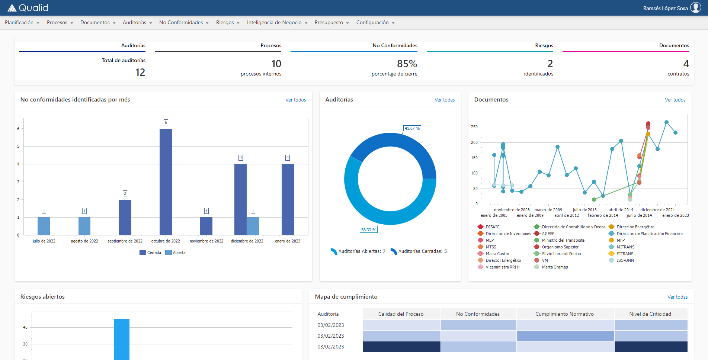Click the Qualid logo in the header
tap(28, 8)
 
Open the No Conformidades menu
tap(184, 23)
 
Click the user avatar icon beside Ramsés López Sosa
tap(695, 8)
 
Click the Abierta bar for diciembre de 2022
tap(253, 226)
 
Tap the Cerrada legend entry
tap(150, 253)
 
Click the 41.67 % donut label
tap(412, 128)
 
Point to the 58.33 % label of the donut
tap(368, 230)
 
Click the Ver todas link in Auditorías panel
tap(445, 100)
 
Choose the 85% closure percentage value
tap(407, 64)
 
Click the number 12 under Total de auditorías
tap(140, 72)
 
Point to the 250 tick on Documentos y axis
tap(474, 127)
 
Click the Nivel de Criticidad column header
tap(650, 314)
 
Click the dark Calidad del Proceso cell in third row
tap(401, 347)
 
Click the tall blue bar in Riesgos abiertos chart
tap(122, 339)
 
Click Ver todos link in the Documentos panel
tap(675, 100)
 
